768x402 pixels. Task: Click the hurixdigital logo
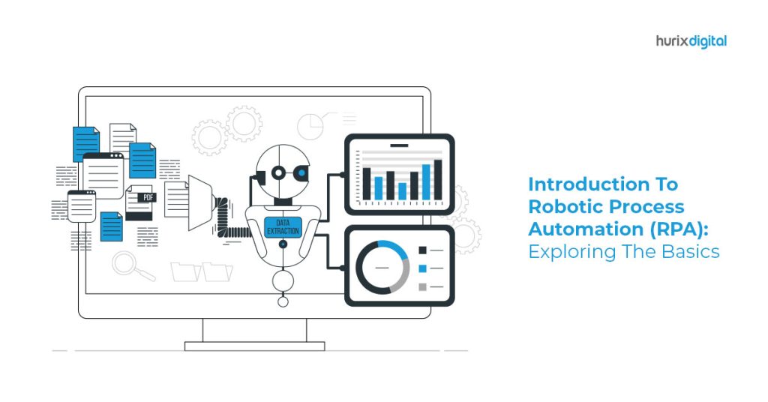pos(691,41)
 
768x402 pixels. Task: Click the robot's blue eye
pos(301,172)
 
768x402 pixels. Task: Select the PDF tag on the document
pos(148,197)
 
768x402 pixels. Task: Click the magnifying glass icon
pos(131,266)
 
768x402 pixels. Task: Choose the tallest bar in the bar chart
pos(438,180)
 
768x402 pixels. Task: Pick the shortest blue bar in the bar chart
pos(402,191)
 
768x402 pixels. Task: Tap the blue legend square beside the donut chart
pos(422,268)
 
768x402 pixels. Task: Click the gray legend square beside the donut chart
pos(422,287)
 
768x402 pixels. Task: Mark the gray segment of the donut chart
pos(402,278)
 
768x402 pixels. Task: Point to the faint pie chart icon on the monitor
pos(310,126)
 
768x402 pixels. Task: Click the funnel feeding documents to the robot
pos(201,202)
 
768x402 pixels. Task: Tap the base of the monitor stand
pos(255,346)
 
